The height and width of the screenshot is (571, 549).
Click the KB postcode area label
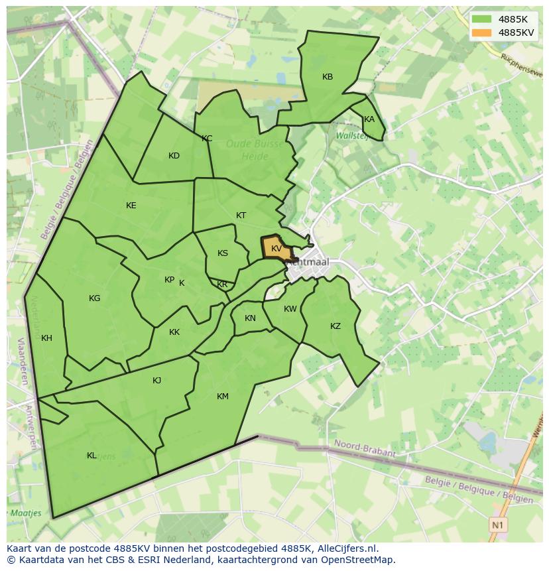(328, 77)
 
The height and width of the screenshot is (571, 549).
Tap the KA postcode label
(369, 119)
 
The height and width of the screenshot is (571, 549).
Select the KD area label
(174, 156)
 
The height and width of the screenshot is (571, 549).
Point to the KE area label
(131, 206)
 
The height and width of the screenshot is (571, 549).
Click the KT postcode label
(241, 216)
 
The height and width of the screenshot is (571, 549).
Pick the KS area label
(223, 253)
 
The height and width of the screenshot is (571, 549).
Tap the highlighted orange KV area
(276, 249)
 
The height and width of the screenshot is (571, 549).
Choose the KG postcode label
(95, 298)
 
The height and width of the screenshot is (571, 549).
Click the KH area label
(46, 338)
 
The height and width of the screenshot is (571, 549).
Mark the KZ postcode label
(335, 326)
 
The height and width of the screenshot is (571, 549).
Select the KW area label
(290, 309)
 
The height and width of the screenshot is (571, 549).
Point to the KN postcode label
(250, 318)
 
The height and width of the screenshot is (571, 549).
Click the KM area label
(223, 397)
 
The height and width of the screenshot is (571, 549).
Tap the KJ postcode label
(157, 381)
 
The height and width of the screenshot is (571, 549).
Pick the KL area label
(91, 456)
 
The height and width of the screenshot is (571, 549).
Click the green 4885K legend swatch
(482, 19)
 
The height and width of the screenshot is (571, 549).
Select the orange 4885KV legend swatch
(482, 32)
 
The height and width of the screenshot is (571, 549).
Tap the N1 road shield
(498, 525)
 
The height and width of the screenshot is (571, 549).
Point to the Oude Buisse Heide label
(255, 150)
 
